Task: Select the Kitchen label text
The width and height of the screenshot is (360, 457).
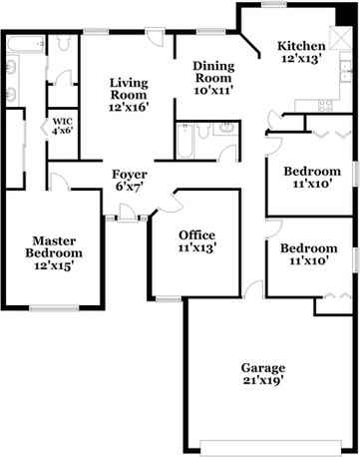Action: pos(300,46)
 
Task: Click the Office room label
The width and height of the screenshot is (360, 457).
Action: pos(196,234)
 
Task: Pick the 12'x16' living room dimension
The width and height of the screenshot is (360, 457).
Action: pos(129,107)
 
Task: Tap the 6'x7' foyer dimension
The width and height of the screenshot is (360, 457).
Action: pos(130,187)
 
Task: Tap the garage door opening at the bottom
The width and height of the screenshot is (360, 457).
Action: pos(261,446)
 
